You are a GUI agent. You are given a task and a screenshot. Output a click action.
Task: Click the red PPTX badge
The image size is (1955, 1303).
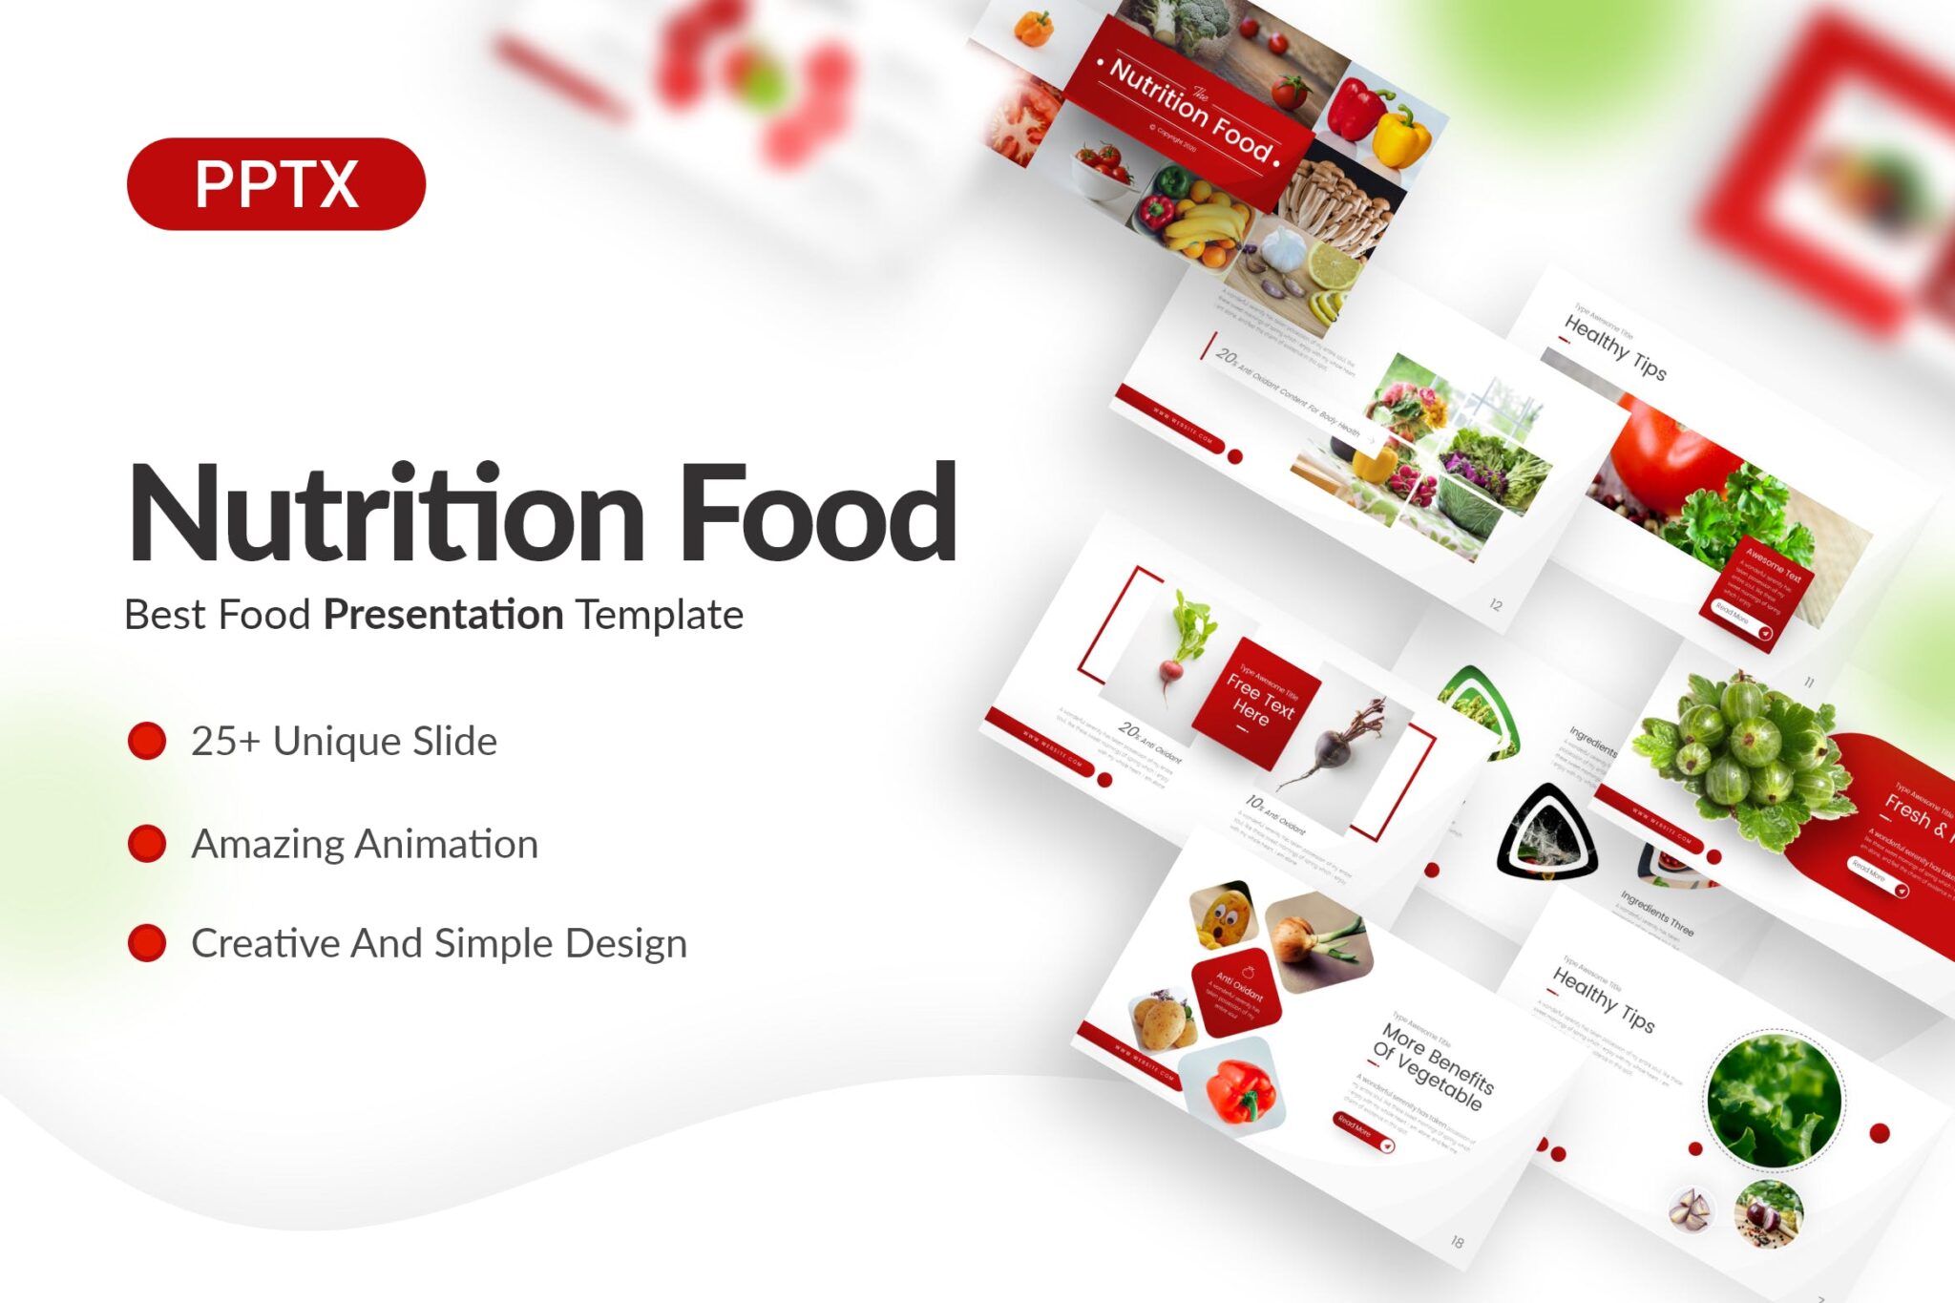[276, 183]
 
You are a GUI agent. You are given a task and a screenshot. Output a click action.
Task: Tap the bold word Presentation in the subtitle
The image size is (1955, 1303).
[443, 614]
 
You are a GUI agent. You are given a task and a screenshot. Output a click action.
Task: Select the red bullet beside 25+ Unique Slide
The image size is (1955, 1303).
[147, 741]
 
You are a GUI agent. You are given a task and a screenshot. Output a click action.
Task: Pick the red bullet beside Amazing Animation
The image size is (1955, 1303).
[147, 844]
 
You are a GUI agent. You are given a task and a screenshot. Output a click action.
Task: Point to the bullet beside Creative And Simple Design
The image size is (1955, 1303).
[147, 943]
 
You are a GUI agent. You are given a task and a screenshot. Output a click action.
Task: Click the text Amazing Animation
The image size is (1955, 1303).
[365, 844]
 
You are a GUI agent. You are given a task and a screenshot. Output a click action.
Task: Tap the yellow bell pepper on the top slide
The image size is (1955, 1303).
[1401, 136]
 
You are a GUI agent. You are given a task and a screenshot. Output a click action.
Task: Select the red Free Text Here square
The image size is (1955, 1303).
[1257, 702]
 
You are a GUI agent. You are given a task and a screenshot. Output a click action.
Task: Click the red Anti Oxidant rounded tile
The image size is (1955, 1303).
[1236, 992]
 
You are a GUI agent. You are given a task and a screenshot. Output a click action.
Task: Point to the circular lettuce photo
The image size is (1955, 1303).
[1774, 1100]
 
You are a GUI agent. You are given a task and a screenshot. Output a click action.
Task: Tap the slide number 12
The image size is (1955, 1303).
[1496, 604]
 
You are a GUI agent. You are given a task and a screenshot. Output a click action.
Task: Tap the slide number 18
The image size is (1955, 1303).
[1457, 1241]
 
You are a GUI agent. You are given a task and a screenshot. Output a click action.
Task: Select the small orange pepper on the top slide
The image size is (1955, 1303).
[1033, 29]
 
